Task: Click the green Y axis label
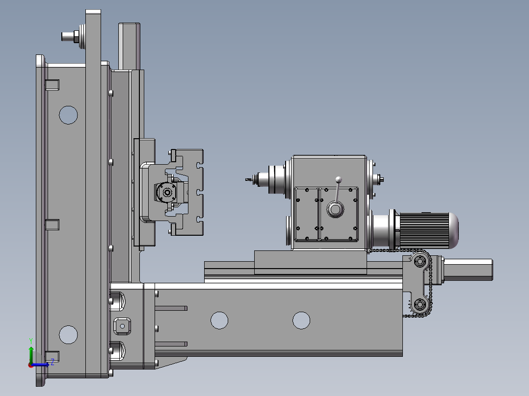tap(31, 341)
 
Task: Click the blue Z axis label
tap(53, 363)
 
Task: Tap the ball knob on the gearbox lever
tap(339, 180)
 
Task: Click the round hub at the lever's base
tap(335, 209)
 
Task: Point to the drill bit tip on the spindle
tap(246, 180)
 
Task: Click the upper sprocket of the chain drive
tap(420, 261)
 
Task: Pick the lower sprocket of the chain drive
tap(420, 305)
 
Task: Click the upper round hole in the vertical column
tap(68, 115)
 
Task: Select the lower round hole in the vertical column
tap(68, 335)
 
